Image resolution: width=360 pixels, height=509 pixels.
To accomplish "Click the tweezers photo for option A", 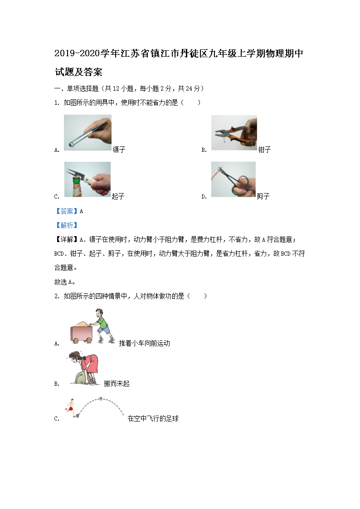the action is click(x=88, y=132).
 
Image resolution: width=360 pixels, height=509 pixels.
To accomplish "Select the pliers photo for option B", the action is click(x=234, y=132).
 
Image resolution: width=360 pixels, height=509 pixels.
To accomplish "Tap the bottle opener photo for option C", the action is click(x=88, y=179).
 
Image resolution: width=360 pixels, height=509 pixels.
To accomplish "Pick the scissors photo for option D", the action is click(x=234, y=179).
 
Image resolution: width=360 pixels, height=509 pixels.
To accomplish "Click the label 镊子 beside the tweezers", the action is click(x=119, y=149).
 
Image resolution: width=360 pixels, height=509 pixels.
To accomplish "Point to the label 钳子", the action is click(x=264, y=149).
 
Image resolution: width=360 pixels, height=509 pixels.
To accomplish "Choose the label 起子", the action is click(x=118, y=196).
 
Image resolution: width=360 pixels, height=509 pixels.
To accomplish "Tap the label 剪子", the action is click(x=263, y=196).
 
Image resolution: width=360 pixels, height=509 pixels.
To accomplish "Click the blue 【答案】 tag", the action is click(x=67, y=211).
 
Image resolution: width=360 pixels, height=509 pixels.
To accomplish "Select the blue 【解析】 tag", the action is click(x=67, y=225).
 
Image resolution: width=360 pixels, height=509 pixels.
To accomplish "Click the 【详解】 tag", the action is click(x=67, y=240).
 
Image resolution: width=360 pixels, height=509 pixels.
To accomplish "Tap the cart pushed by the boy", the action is click(x=82, y=332).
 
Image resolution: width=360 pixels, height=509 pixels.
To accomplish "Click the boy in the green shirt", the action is click(x=103, y=326).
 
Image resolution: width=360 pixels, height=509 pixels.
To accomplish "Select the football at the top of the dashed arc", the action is click(x=101, y=398).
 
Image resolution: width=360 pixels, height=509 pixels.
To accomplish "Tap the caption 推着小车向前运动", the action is click(x=145, y=343).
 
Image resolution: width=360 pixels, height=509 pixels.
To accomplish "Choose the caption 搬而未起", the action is click(x=117, y=383).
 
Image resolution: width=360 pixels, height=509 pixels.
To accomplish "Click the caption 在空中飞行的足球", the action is click(x=153, y=418).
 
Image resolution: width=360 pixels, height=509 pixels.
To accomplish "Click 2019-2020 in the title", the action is click(x=77, y=53).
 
